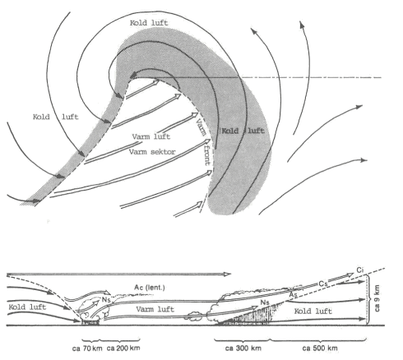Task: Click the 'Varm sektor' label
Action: (152, 152)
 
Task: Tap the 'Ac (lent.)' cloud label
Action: (150, 288)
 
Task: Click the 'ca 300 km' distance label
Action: (243, 348)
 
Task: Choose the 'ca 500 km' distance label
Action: (320, 348)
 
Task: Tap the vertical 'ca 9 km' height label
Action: (378, 298)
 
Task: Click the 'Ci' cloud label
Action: (360, 270)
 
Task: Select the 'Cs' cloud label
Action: (323, 284)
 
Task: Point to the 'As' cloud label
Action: (294, 295)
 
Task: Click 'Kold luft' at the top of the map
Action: (149, 23)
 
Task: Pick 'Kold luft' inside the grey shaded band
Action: (243, 131)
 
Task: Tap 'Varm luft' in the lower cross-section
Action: (155, 309)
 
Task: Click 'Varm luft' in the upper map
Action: (151, 136)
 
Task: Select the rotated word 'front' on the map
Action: (207, 155)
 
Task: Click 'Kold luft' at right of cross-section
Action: (313, 311)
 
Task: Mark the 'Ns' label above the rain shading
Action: (265, 302)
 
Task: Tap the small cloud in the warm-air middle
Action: (195, 316)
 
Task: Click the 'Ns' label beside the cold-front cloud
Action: (106, 299)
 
